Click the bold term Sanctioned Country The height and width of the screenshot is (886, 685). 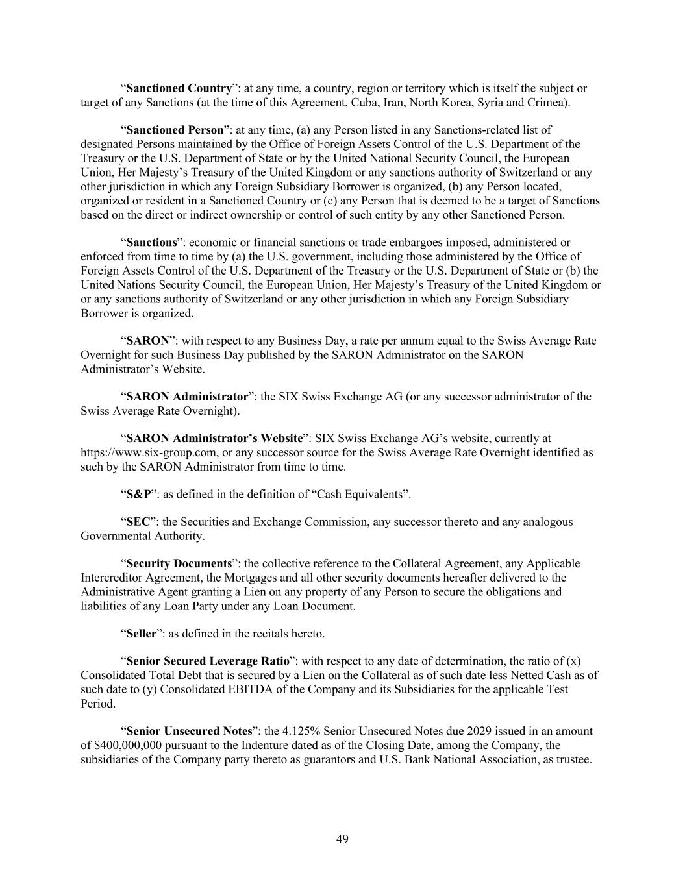(179, 88)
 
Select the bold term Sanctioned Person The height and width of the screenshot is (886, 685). (175, 130)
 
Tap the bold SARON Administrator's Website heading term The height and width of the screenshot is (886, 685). (214, 438)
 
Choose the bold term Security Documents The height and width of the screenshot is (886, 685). (179, 563)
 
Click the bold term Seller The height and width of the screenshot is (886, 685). (141, 634)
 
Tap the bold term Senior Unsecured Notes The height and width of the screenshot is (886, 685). (189, 731)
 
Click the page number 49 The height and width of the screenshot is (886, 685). (342, 839)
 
